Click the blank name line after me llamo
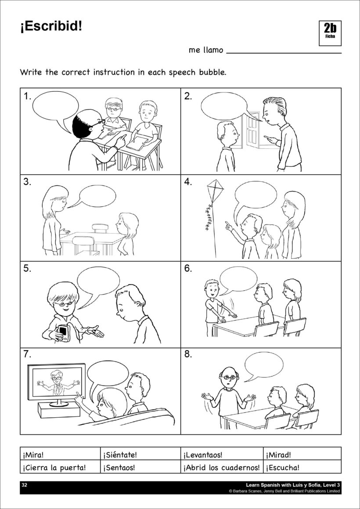click(284, 53)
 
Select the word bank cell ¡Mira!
click(60, 454)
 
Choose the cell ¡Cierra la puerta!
click(60, 467)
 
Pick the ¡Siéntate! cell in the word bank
click(140, 454)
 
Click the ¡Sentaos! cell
click(140, 467)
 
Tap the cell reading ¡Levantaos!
click(222, 454)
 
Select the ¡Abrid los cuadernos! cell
click(222, 467)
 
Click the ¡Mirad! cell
click(302, 454)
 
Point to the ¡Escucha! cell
click(302, 467)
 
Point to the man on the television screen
click(57, 383)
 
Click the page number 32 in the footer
click(24, 485)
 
